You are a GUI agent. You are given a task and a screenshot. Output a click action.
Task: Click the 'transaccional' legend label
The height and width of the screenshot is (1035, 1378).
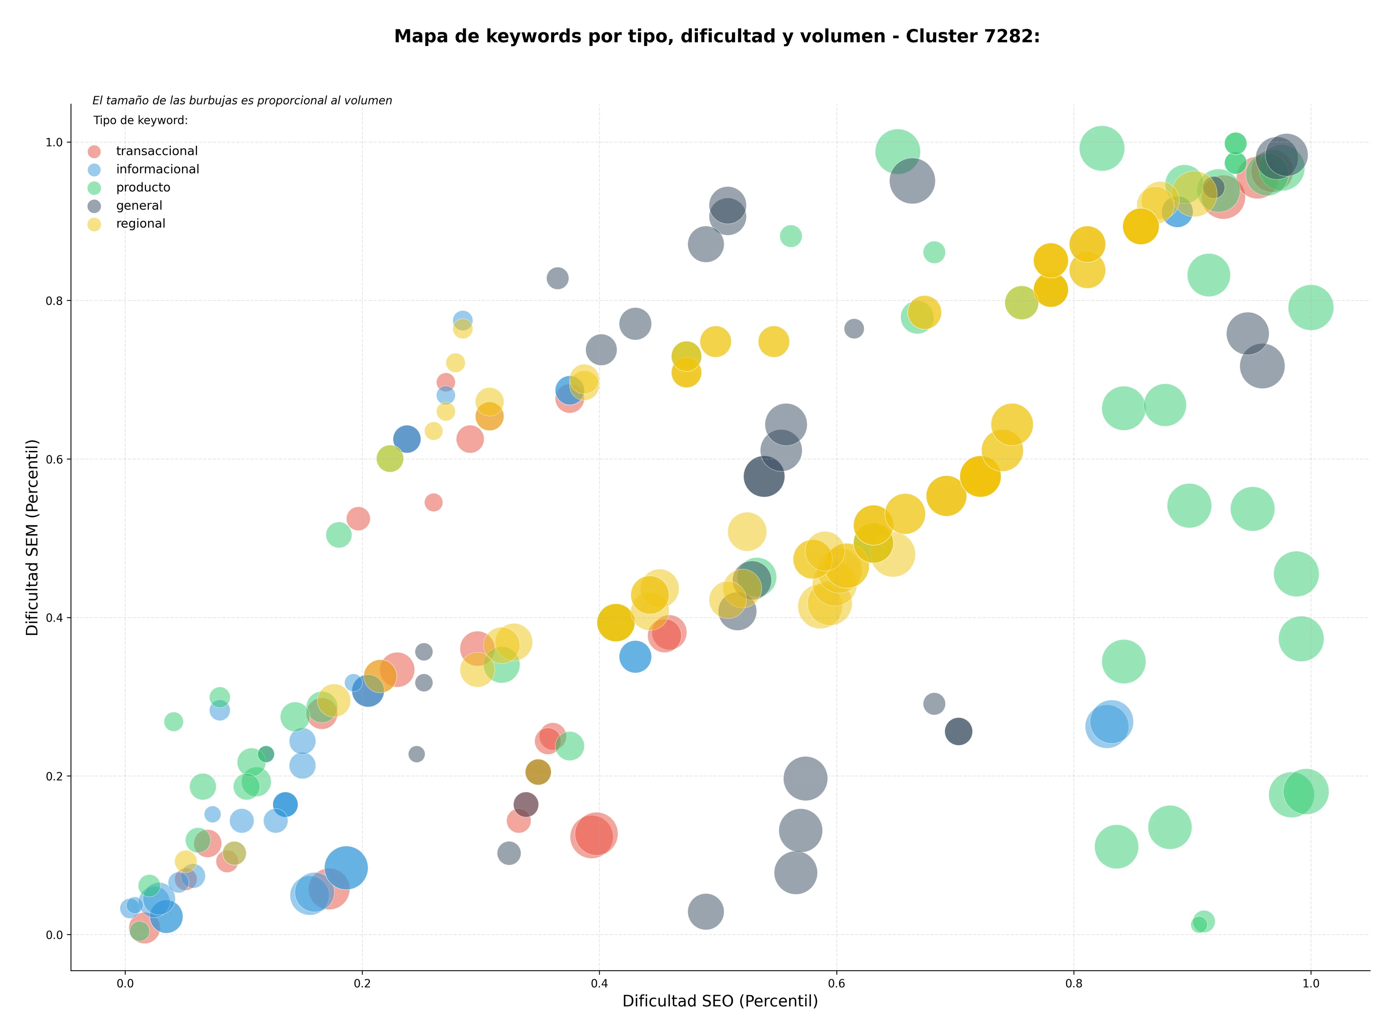157,151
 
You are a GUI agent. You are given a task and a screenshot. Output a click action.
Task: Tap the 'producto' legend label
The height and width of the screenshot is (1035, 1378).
143,187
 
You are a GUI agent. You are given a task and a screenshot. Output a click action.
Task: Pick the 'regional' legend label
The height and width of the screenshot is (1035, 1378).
141,224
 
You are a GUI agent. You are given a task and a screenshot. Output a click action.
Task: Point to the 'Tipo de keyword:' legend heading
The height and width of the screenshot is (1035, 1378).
141,120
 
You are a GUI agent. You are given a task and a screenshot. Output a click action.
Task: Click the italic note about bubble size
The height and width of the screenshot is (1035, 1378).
242,100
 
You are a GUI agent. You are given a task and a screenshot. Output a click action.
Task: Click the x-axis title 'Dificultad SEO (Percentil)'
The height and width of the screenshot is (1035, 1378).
720,1001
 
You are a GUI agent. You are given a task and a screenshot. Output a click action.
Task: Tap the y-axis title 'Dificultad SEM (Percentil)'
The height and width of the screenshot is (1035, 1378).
32,537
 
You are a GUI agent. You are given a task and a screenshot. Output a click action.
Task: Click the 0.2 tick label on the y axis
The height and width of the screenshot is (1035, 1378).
55,777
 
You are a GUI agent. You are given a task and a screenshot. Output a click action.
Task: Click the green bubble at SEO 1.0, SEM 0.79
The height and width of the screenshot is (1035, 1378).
1311,307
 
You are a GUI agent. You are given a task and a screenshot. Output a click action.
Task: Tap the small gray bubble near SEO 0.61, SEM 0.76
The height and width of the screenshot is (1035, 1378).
854,328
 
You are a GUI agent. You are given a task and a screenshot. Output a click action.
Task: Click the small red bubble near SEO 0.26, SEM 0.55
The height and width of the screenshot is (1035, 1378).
433,502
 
